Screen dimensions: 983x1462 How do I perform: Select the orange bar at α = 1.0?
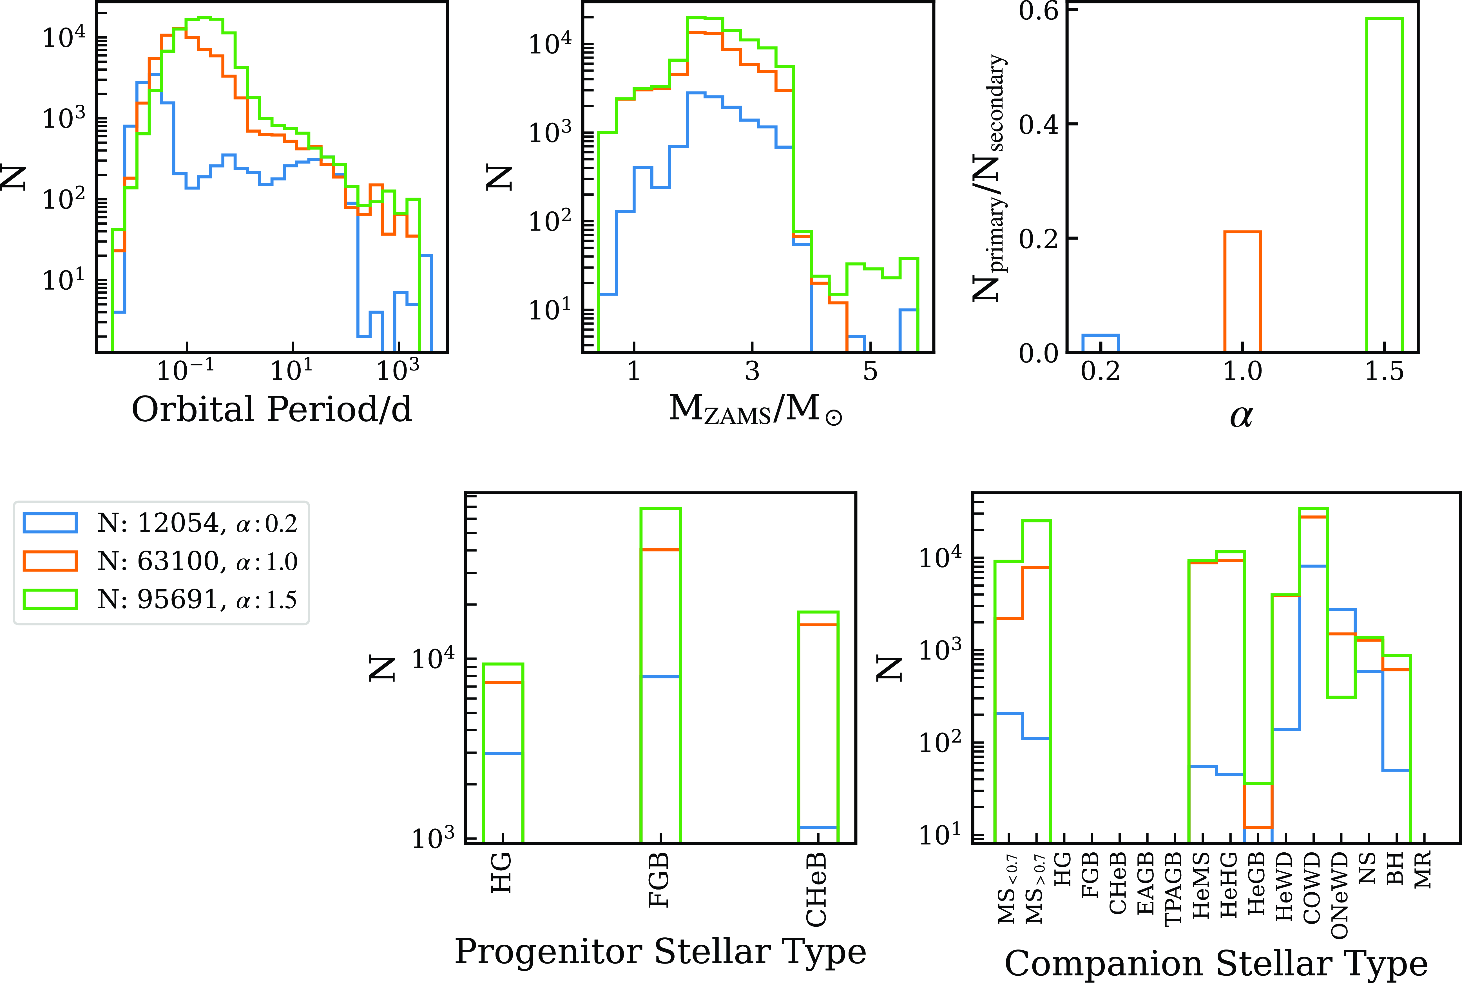[x=1242, y=292]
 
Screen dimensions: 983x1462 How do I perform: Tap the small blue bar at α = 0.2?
[x=1100, y=343]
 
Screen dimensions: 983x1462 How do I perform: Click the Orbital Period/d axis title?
[x=271, y=409]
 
